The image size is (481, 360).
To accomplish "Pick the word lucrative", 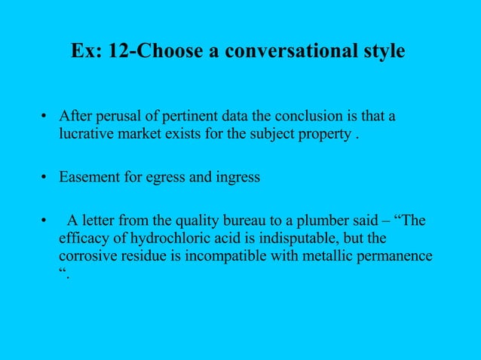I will click(87, 136).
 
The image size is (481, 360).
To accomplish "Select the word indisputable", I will click(309, 239).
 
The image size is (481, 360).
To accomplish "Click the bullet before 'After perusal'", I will click(44, 117).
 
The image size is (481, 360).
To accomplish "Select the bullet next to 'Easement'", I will click(44, 178).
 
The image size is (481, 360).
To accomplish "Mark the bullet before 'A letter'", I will click(44, 221).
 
